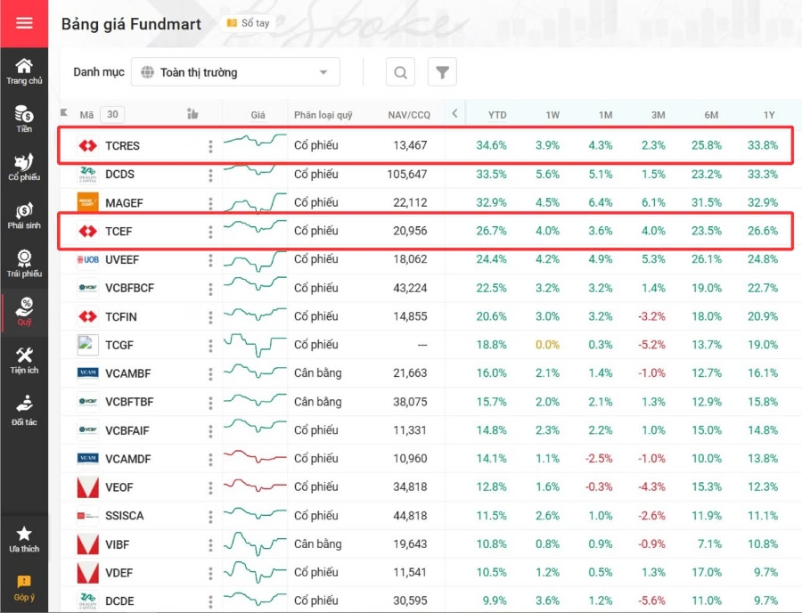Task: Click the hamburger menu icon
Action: (24, 23)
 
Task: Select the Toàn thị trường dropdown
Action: (235, 72)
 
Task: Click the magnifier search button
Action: (400, 72)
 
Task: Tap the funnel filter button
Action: (442, 72)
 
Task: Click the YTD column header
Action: (496, 115)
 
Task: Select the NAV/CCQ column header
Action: (409, 115)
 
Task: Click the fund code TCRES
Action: (122, 145)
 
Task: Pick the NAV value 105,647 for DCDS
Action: (406, 175)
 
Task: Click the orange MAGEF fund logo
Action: (87, 202)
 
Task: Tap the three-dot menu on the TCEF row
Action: (210, 232)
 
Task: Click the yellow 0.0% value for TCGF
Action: (547, 345)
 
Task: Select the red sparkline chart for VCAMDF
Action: (255, 458)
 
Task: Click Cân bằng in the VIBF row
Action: (317, 544)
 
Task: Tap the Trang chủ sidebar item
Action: (24, 71)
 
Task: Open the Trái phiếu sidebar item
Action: (24, 263)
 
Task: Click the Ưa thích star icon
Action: (24, 533)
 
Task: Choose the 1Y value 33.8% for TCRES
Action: (763, 145)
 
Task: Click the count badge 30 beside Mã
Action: (112, 115)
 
